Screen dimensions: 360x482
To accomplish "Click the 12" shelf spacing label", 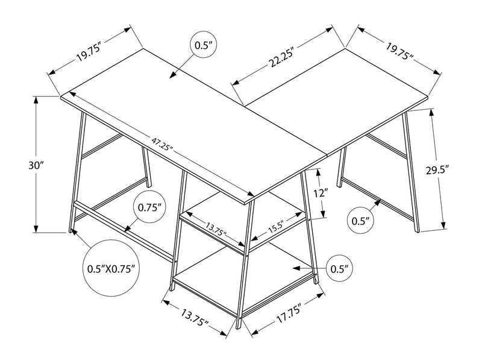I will click(321, 195).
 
